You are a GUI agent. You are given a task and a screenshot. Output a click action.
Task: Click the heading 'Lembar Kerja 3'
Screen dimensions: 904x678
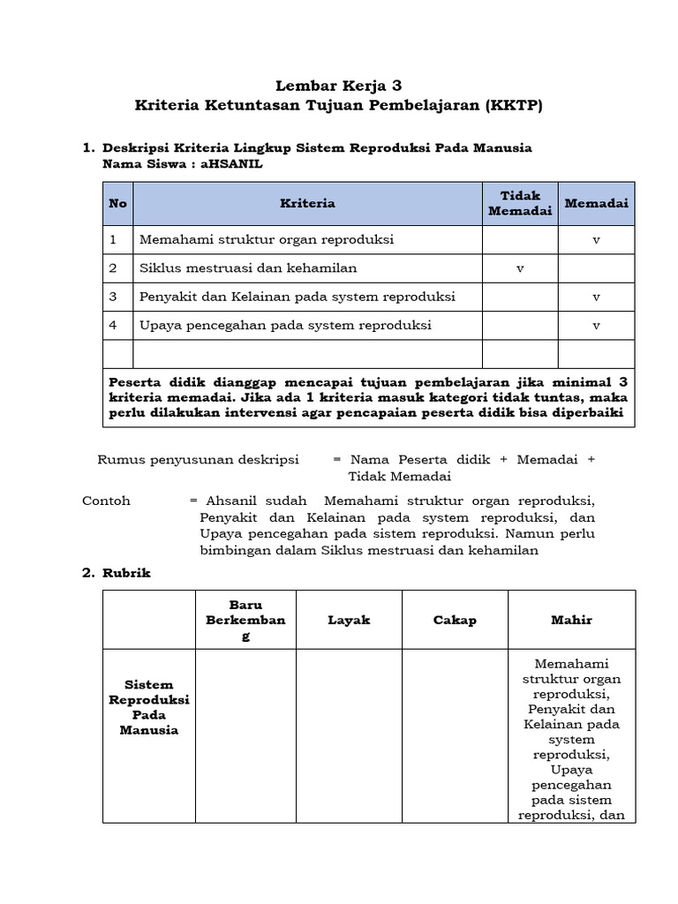[339, 86]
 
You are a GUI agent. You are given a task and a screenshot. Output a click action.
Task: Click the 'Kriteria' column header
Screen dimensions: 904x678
[307, 203]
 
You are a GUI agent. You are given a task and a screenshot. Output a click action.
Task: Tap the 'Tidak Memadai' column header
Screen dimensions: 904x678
[520, 203]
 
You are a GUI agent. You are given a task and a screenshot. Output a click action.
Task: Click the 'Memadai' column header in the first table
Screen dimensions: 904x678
[596, 203]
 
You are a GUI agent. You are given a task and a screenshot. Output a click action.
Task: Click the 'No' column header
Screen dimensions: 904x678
[117, 203]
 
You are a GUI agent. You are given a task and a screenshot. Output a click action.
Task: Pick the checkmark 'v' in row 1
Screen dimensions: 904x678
[596, 240]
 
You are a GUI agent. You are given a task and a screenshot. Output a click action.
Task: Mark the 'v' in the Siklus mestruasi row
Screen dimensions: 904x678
[520, 268]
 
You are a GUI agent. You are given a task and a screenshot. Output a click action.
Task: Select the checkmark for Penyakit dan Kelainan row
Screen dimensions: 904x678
[596, 298]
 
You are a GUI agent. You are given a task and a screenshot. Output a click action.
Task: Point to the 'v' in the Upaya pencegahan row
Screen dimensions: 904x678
[596, 326]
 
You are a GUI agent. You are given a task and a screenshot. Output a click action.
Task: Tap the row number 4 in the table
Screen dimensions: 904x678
[113, 325]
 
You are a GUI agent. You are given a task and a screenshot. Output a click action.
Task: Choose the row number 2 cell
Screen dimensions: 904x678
[113, 267]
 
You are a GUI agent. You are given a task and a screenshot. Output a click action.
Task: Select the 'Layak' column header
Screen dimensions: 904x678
[349, 620]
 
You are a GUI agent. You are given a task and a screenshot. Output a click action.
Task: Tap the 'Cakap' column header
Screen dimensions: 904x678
[455, 620]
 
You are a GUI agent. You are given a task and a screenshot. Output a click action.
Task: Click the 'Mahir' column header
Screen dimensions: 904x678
[571, 620]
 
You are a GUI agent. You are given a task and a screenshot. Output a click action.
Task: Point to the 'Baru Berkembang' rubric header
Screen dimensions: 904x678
[245, 620]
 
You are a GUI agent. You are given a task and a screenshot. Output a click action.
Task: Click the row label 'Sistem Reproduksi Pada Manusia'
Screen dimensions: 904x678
[149, 707]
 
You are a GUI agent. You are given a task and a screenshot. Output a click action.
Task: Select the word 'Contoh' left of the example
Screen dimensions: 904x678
[106, 501]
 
